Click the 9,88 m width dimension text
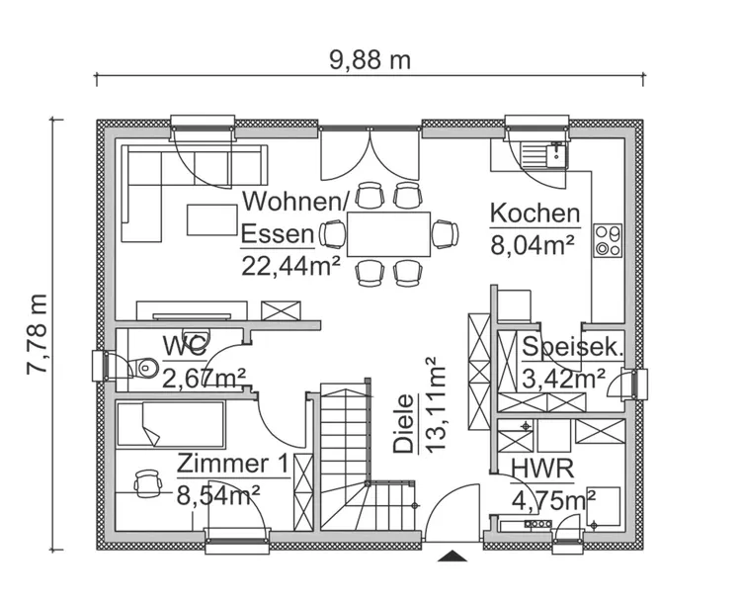[x=370, y=59]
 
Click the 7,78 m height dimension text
[x=37, y=333]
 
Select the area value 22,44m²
[x=290, y=264]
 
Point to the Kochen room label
[x=535, y=213]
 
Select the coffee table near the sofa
[x=212, y=219]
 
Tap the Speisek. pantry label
[x=572, y=347]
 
